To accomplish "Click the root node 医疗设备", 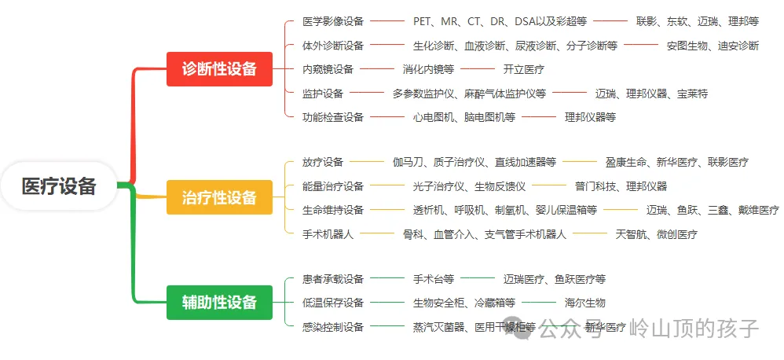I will [x=59, y=186].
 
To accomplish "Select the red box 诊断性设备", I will [x=219, y=69].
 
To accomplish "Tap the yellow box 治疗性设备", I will [x=219, y=197].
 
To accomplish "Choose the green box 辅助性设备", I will [x=219, y=303].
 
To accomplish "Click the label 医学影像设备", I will [x=333, y=21].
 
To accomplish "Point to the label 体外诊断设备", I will [x=333, y=46].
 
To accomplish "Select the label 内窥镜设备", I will [x=328, y=69].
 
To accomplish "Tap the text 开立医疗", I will [x=523, y=69].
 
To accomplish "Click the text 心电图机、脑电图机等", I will [x=464, y=117].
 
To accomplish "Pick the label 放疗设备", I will [x=323, y=163].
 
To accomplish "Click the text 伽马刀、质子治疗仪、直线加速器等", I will [x=474, y=163].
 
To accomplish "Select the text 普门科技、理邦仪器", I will [x=621, y=186].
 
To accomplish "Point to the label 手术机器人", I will [x=328, y=234].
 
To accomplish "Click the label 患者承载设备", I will [x=333, y=279].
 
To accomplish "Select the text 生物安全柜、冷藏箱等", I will [x=464, y=303].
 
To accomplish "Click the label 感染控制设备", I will [x=333, y=327].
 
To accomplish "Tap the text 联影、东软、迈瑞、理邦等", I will [x=697, y=21].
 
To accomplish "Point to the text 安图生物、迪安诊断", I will [x=713, y=46].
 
